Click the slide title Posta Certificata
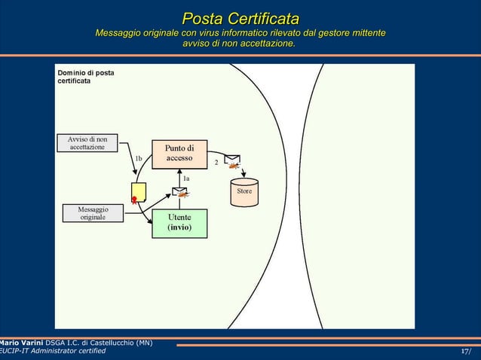tap(240, 17)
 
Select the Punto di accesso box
tap(179, 153)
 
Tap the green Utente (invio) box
tap(179, 222)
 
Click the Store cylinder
tap(244, 192)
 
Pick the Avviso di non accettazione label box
tap(87, 143)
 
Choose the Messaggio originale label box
tap(93, 212)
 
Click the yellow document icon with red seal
tap(138, 193)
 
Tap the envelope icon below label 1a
tap(180, 191)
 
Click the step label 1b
tap(138, 159)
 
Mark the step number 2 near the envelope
tap(216, 162)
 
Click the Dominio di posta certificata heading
tap(86, 77)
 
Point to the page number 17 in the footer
tap(466, 351)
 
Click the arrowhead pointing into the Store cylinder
tap(244, 175)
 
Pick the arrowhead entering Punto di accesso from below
tap(179, 171)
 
